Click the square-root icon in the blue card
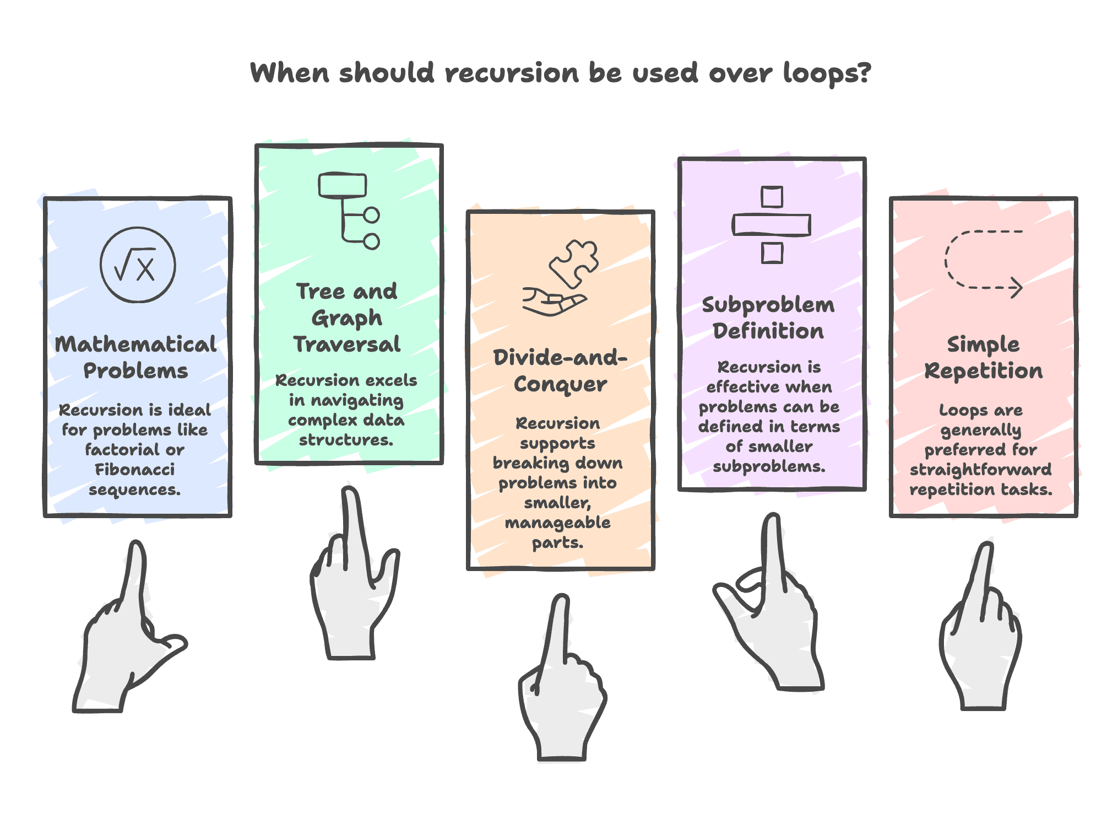[x=138, y=265]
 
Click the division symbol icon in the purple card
[x=771, y=225]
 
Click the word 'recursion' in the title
[x=512, y=73]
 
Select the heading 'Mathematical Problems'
[x=135, y=357]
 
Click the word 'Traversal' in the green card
[x=347, y=345]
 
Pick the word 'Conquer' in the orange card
[x=560, y=384]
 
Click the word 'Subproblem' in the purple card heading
[x=768, y=305]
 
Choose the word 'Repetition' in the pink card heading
[x=983, y=371]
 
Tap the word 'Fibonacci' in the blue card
[x=135, y=470]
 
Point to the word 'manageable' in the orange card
[x=557, y=523]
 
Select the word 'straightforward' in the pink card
[x=980, y=470]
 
